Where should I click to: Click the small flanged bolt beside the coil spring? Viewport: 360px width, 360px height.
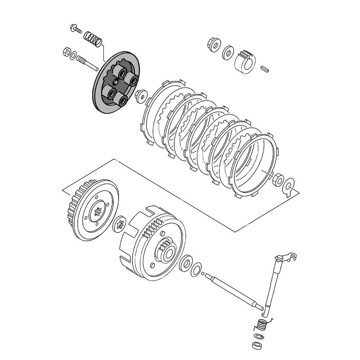pos(76,28)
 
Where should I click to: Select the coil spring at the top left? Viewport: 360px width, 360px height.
pos(92,39)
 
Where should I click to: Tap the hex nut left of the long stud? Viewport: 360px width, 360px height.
pos(67,51)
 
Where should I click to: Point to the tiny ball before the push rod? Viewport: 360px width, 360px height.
pos(203,274)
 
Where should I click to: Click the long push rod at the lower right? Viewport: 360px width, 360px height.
pos(234,291)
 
